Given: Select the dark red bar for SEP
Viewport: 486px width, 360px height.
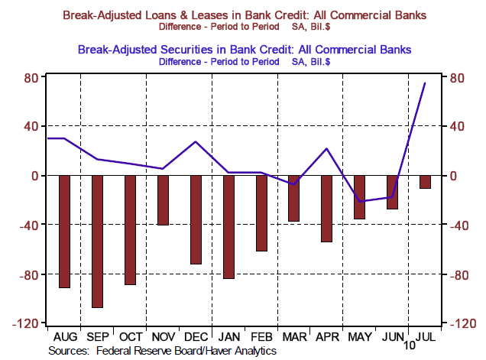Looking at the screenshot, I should click(97, 241).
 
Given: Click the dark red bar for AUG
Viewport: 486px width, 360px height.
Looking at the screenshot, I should click(64, 231).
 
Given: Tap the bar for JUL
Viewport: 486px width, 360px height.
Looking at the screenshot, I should click(425, 181).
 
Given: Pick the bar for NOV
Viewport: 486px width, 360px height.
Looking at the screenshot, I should click(163, 199).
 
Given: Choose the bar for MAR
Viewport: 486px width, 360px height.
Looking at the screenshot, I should click(293, 198).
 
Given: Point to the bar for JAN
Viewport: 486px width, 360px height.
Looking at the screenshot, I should click(228, 226).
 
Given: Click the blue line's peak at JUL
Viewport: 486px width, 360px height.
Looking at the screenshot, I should click(425, 83).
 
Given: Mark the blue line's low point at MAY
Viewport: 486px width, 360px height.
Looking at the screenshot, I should click(359, 201).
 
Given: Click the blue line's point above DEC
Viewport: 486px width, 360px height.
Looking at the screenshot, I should click(196, 141).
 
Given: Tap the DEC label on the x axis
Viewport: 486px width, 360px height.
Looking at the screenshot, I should click(196, 336).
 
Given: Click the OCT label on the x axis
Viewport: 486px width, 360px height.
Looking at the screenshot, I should click(130, 336).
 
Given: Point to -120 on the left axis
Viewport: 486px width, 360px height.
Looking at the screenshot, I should click(27, 324).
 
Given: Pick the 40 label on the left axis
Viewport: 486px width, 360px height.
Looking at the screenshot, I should click(31, 126).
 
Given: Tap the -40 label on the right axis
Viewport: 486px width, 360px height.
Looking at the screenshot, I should click(461, 225).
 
